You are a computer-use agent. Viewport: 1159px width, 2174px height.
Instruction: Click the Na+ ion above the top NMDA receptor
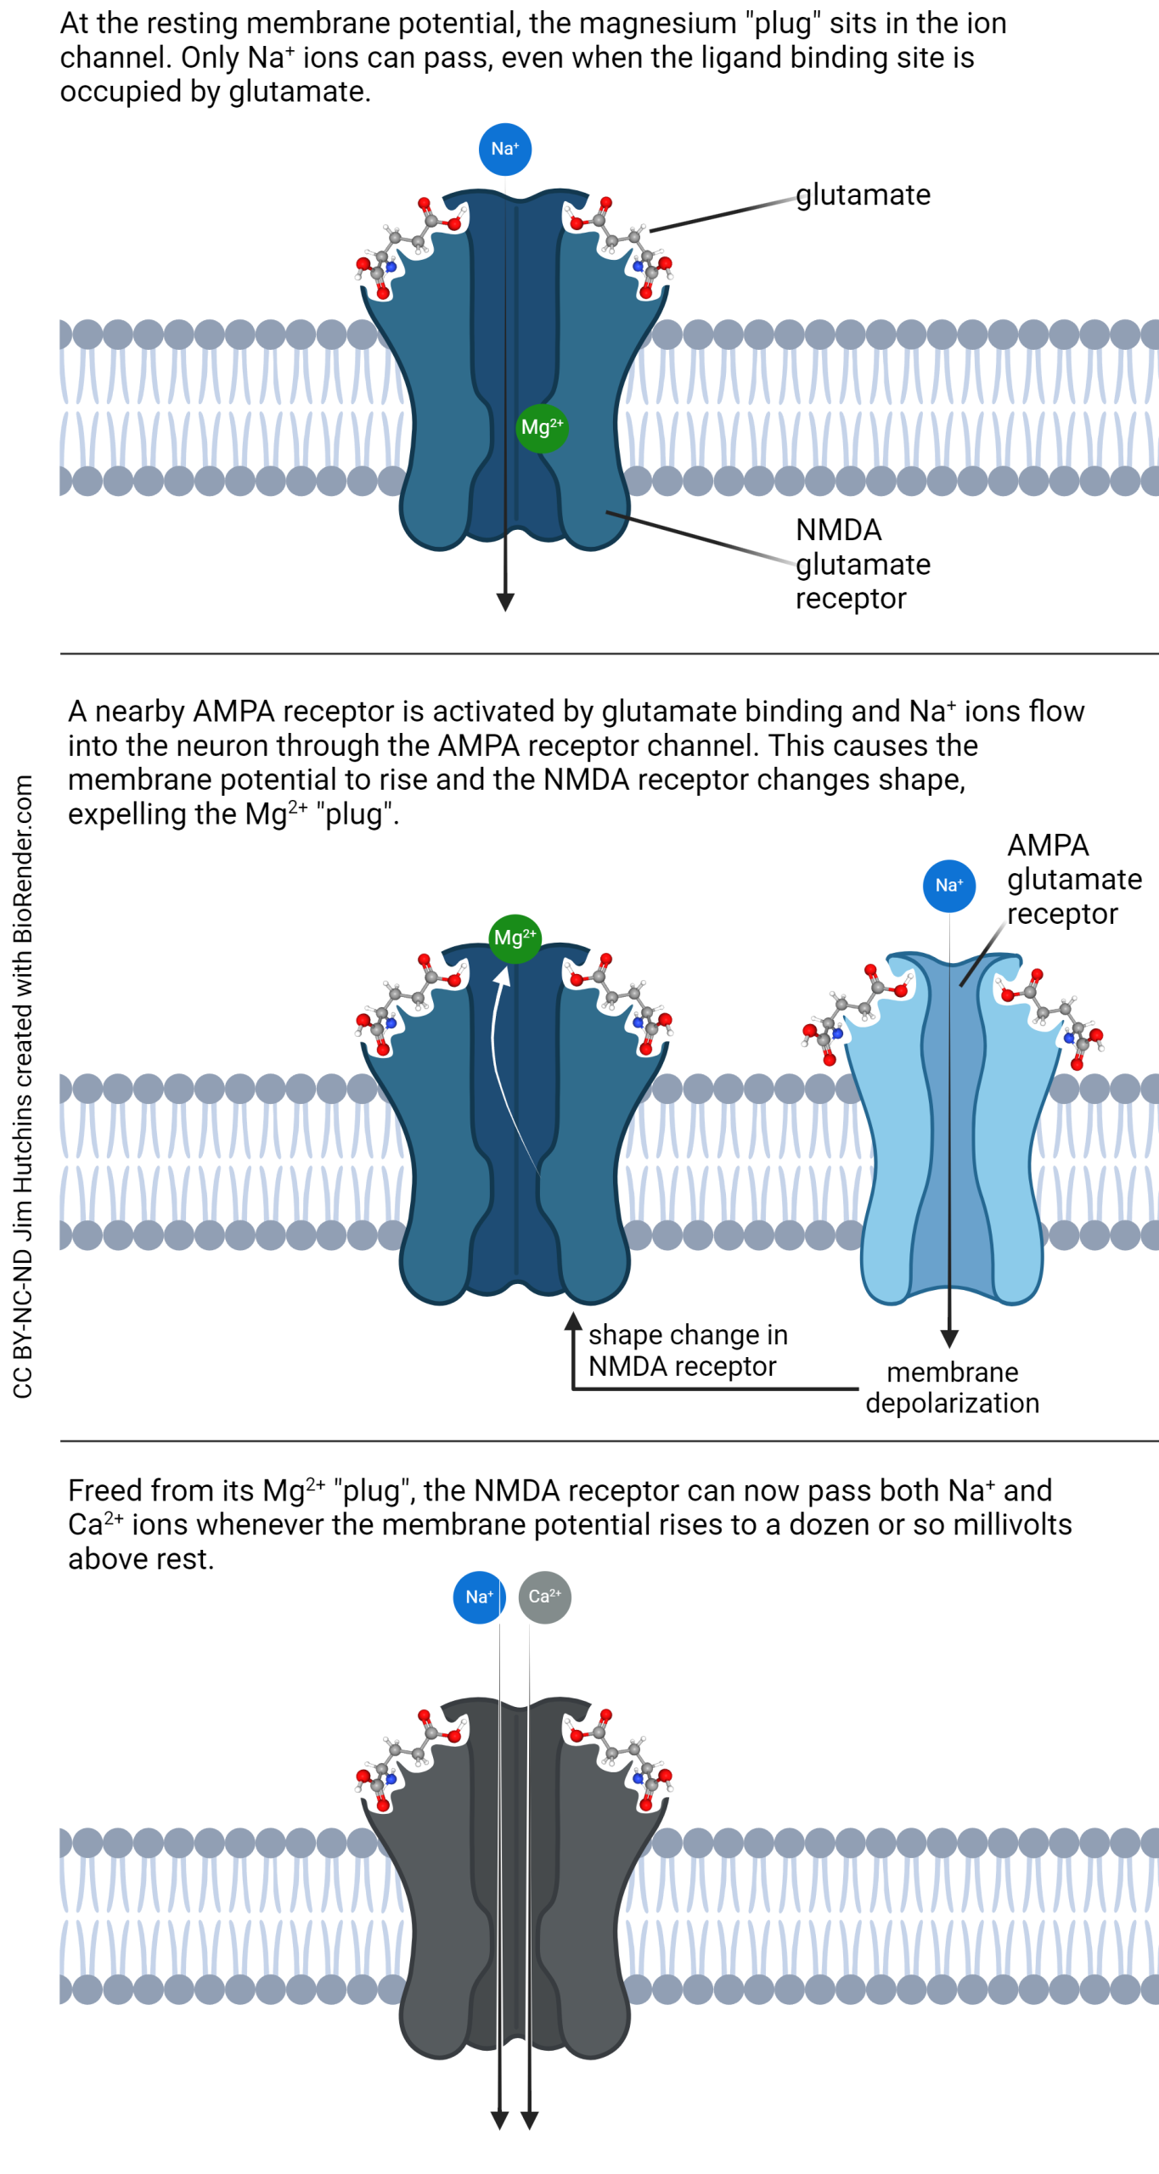504,149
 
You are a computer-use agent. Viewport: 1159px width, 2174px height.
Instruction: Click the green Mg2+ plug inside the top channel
541,427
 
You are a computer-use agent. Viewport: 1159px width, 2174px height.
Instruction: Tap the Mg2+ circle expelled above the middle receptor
515,938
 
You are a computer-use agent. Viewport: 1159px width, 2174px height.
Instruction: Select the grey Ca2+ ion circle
544,1596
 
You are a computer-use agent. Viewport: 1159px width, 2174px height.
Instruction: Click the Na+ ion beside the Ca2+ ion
479,1596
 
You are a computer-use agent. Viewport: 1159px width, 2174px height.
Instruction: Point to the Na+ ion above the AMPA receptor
948,885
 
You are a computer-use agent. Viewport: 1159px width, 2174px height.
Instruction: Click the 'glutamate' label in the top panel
862,194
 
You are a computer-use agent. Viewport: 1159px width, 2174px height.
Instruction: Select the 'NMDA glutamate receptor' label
862,563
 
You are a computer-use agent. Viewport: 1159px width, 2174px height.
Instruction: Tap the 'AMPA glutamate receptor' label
1072,879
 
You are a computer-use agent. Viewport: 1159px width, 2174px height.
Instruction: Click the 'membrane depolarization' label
951,1387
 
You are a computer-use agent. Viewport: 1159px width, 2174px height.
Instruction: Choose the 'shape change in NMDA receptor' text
687,1349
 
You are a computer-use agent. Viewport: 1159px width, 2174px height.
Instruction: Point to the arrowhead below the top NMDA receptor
505,601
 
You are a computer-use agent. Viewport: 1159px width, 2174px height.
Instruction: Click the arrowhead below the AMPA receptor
949,1338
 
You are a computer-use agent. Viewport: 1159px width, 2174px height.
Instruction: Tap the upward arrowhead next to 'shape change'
574,1321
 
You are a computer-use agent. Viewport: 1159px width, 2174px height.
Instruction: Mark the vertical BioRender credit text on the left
23,1087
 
